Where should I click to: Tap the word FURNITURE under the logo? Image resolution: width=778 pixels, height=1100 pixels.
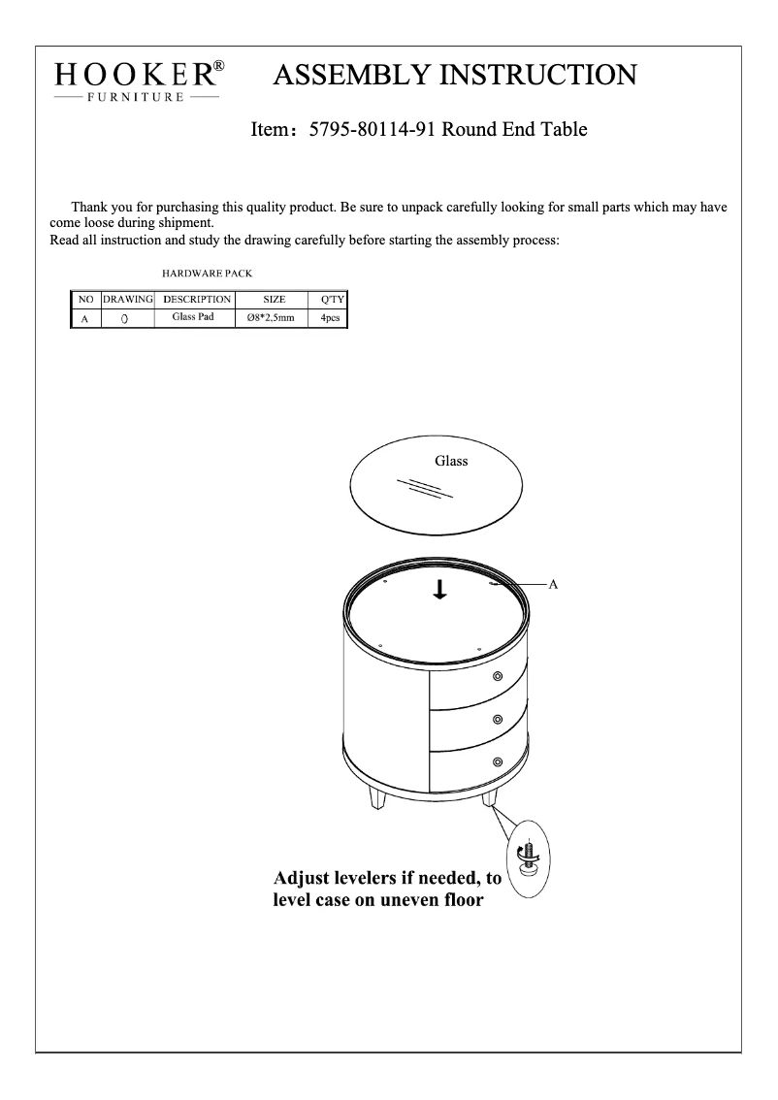click(137, 98)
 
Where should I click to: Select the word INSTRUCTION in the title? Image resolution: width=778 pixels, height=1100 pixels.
click(525, 75)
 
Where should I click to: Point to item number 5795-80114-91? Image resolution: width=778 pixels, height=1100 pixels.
click(372, 129)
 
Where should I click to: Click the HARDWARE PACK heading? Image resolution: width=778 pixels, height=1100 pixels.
click(207, 275)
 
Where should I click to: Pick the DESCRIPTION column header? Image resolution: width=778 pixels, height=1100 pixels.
click(197, 299)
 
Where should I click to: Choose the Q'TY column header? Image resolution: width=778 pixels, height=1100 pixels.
click(327, 299)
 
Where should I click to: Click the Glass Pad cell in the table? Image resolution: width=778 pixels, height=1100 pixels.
click(192, 317)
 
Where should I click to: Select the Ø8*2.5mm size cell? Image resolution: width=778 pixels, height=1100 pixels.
click(271, 318)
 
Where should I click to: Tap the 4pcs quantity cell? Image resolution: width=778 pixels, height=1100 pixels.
click(329, 318)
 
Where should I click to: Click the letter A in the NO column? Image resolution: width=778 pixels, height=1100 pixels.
click(84, 318)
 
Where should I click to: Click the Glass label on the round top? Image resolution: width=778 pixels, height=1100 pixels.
click(450, 461)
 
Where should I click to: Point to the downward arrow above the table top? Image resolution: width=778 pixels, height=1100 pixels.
click(439, 589)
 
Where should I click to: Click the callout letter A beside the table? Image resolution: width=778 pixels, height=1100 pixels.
click(553, 585)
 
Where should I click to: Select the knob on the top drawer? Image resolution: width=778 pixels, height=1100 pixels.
click(498, 676)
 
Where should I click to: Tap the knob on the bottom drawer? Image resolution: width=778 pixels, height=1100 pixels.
click(498, 761)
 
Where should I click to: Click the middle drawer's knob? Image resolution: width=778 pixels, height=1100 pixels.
click(498, 719)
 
